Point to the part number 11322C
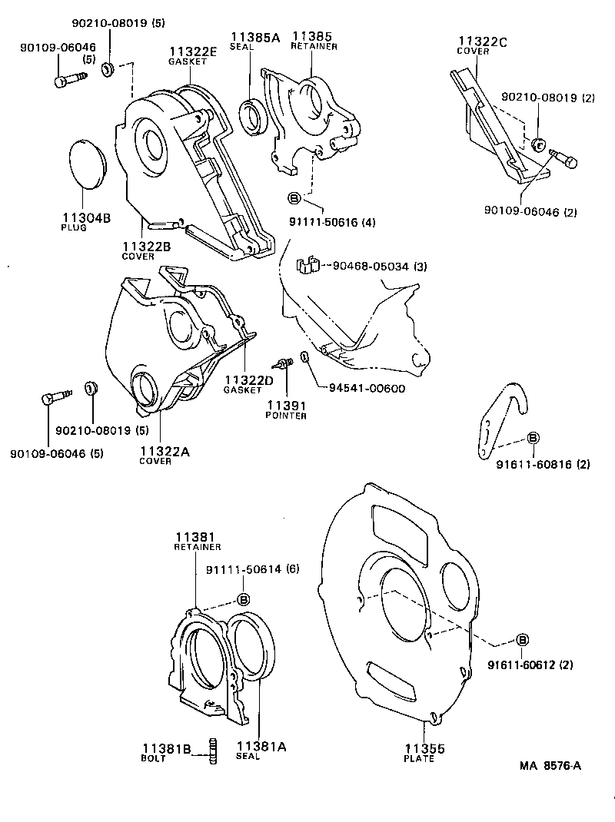[x=483, y=41]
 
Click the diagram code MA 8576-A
[x=550, y=765]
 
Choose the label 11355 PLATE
[x=424, y=752]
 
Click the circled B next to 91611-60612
[x=522, y=640]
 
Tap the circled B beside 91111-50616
[x=294, y=198]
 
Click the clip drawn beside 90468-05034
[x=307, y=264]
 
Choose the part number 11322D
[x=249, y=380]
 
